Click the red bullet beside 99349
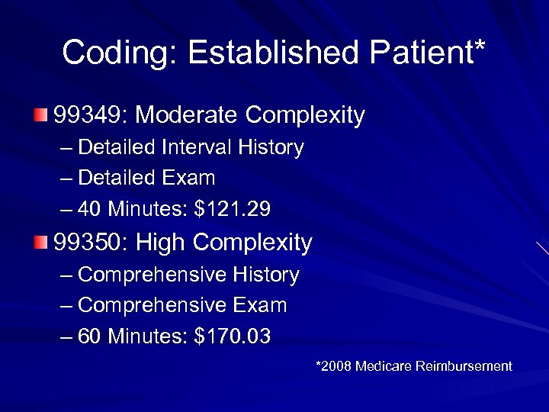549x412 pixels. click(x=40, y=116)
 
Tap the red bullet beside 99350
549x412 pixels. click(x=40, y=243)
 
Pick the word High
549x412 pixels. click(x=161, y=243)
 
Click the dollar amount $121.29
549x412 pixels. click(x=233, y=209)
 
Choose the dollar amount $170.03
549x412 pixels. click(x=233, y=336)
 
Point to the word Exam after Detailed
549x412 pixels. click(x=189, y=179)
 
